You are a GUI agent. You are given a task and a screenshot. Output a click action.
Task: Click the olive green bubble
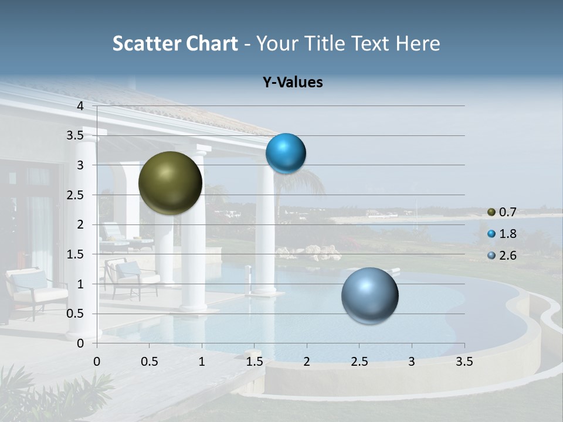(170, 183)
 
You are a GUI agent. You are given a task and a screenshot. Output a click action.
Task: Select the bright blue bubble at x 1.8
(286, 153)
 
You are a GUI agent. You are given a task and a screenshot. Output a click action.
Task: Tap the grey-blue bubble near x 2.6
(369, 295)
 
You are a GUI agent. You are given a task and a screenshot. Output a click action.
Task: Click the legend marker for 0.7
(491, 212)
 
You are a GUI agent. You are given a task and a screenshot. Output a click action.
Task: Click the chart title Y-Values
(293, 83)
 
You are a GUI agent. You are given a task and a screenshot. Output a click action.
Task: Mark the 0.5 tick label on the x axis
(149, 362)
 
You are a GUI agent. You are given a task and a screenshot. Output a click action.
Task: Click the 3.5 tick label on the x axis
(464, 362)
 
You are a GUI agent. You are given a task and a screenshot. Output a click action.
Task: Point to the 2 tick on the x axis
(307, 362)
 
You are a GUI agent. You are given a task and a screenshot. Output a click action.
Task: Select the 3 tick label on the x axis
(412, 362)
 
